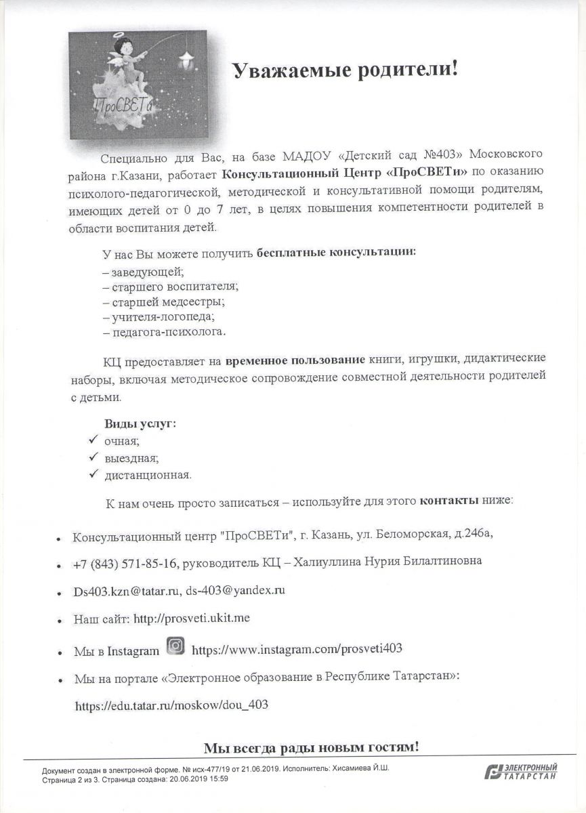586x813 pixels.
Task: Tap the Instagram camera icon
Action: click(x=175, y=646)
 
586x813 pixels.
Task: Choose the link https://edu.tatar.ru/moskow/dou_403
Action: click(x=171, y=705)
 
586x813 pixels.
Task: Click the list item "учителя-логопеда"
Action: click(x=158, y=316)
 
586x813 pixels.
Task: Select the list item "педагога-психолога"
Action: click(x=163, y=333)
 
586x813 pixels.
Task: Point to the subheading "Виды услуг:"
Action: click(x=140, y=423)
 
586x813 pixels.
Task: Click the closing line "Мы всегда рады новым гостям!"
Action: click(x=312, y=747)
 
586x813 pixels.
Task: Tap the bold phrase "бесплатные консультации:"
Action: click(x=335, y=253)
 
